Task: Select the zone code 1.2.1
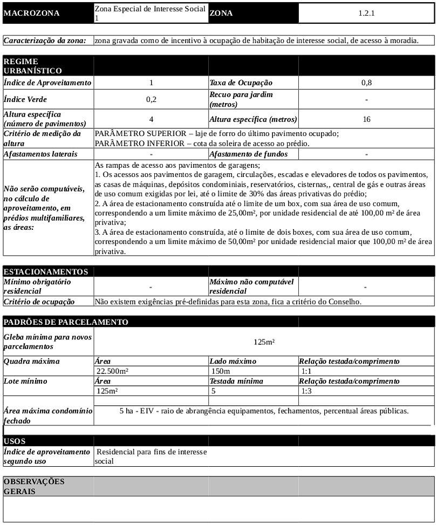pyautogui.click(x=366, y=13)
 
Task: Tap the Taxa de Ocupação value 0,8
pyautogui.click(x=366, y=83)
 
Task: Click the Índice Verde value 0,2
pyautogui.click(x=151, y=99)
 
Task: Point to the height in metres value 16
pyautogui.click(x=366, y=119)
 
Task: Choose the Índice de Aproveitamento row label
pyautogui.click(x=47, y=83)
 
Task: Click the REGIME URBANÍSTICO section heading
pyautogui.click(x=32, y=66)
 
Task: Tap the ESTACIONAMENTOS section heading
pyautogui.click(x=45, y=271)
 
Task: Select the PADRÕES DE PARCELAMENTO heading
pyautogui.click(x=65, y=322)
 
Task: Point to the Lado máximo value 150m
pyautogui.click(x=220, y=371)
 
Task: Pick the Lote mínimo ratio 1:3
pyautogui.click(x=306, y=391)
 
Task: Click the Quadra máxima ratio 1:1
pyautogui.click(x=306, y=371)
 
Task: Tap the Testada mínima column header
pyautogui.click(x=236, y=381)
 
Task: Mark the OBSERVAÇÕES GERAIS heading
pyautogui.click(x=33, y=486)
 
